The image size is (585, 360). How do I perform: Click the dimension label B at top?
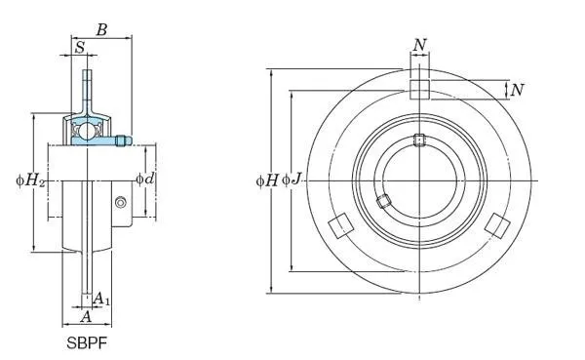pyautogui.click(x=101, y=30)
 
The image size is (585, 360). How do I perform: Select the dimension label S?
pyautogui.click(x=80, y=48)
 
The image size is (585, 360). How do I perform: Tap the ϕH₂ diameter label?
pyautogui.click(x=30, y=181)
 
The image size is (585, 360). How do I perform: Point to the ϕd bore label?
pyautogui.click(x=145, y=180)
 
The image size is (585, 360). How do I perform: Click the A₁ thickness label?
pyautogui.click(x=101, y=299)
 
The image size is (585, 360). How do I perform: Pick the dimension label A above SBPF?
pyautogui.click(x=86, y=317)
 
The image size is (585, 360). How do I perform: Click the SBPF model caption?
pyautogui.click(x=87, y=342)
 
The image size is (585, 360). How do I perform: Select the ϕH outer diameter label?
pyautogui.click(x=267, y=181)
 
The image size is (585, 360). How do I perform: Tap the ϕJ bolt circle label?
pyautogui.click(x=292, y=180)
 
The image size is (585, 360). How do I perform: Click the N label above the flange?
pyautogui.click(x=419, y=45)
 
